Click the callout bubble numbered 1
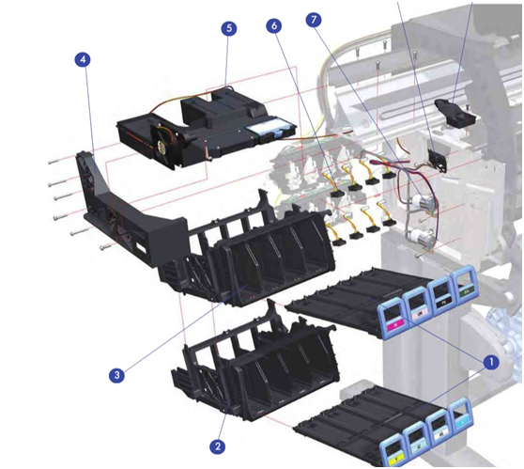[x=490, y=362]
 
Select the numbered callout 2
[x=218, y=446]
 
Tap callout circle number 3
[x=116, y=375]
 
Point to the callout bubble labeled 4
[x=83, y=59]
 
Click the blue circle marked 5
[x=229, y=28]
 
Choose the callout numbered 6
[x=274, y=25]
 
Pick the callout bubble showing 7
[x=314, y=20]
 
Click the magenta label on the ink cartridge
[x=395, y=324]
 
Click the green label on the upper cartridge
[x=465, y=292]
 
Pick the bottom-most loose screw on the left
[x=105, y=247]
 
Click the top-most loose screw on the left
[x=54, y=162]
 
